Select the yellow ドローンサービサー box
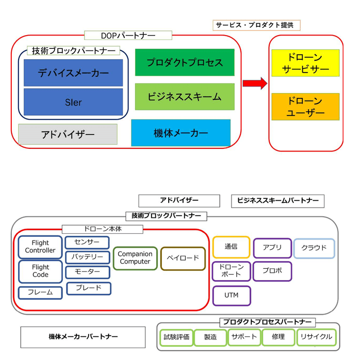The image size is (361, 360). [305, 63]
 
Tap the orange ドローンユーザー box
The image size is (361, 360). [305, 107]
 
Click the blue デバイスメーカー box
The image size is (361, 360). [73, 73]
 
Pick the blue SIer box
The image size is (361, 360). [73, 102]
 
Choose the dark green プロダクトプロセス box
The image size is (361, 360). [185, 62]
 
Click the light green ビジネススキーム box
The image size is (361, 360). [185, 96]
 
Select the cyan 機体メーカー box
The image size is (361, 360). [180, 133]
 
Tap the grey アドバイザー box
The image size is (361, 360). [68, 134]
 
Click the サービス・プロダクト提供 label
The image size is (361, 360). [256, 25]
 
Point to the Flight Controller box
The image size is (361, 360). [40, 247]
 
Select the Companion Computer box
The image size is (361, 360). [135, 258]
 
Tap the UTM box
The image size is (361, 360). [232, 296]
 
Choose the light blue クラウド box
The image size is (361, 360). [314, 248]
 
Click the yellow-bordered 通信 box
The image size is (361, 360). [231, 247]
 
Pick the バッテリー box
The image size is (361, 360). [87, 257]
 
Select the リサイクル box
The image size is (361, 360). [316, 337]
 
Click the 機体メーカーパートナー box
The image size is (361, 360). [83, 337]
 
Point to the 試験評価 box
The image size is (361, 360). [176, 337]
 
